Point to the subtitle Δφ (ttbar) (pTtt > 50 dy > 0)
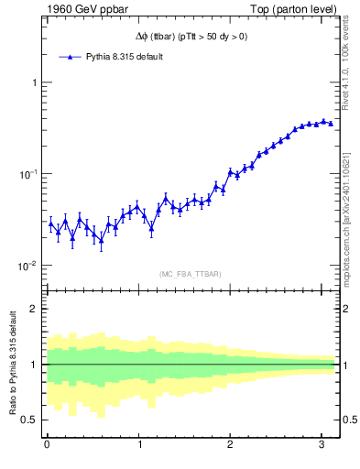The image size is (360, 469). (187, 36)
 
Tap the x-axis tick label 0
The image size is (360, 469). (47, 445)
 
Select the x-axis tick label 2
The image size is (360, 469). (231, 445)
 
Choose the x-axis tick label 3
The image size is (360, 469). (322, 445)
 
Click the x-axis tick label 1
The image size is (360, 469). (139, 445)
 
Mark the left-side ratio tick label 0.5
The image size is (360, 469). (29, 420)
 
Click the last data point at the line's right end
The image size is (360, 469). (331, 123)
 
